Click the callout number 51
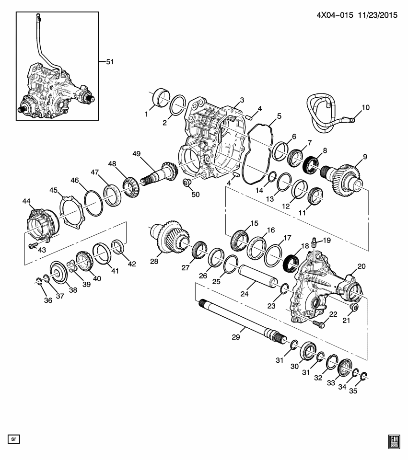coord(110,62)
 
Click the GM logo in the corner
coord(394,441)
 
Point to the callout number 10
coord(365,108)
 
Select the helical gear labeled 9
coord(343,177)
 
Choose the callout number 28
coord(154,261)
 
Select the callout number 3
coord(242,100)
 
